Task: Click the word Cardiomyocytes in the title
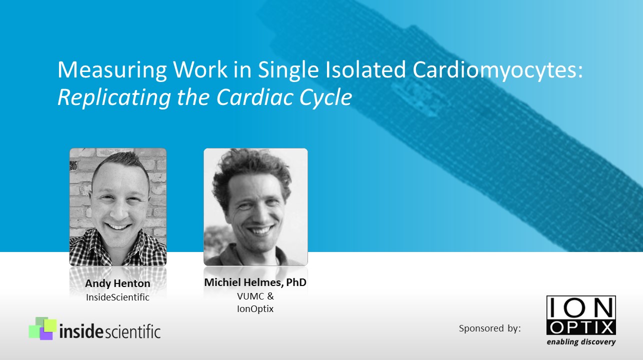tap(498, 70)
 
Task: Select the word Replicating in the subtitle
tap(112, 97)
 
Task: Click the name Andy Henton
tap(117, 283)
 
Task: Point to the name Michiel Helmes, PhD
tap(255, 282)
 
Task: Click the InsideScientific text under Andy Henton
tap(117, 297)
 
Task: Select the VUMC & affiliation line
tap(255, 296)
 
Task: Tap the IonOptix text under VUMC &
tap(255, 309)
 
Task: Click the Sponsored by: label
tap(489, 328)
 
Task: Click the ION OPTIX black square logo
tap(580, 315)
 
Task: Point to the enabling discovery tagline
tap(580, 342)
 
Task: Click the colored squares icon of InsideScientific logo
tap(42, 328)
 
